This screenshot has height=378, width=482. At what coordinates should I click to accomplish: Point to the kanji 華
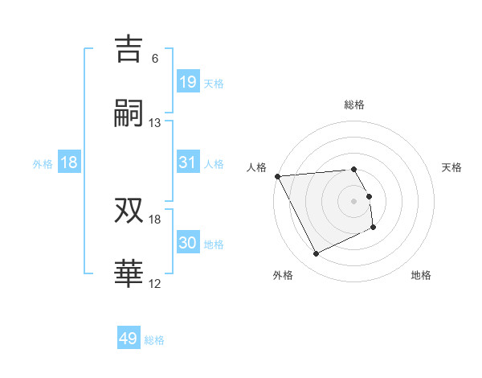(129, 273)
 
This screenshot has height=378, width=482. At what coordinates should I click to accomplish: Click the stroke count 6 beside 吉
(155, 59)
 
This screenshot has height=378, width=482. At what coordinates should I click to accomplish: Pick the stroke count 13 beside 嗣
(155, 122)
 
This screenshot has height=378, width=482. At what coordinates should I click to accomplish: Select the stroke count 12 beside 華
(155, 283)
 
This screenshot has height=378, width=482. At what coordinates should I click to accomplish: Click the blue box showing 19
(187, 82)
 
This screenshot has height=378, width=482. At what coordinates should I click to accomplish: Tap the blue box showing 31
(187, 162)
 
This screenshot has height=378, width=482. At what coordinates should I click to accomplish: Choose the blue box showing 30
(187, 243)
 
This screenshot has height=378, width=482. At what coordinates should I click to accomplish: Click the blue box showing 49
(128, 339)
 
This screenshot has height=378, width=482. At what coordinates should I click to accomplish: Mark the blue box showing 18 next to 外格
(69, 162)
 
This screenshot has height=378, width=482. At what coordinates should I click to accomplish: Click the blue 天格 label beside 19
(214, 83)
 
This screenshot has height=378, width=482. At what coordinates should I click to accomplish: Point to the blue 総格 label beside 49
(154, 340)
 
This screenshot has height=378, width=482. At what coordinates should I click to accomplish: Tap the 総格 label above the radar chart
(354, 105)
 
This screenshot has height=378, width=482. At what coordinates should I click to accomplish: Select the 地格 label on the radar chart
(421, 275)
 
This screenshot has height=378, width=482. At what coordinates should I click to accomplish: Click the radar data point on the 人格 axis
(277, 176)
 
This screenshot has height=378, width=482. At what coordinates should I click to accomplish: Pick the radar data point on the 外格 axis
(316, 254)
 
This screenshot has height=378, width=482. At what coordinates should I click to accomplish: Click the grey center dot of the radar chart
(354, 200)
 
